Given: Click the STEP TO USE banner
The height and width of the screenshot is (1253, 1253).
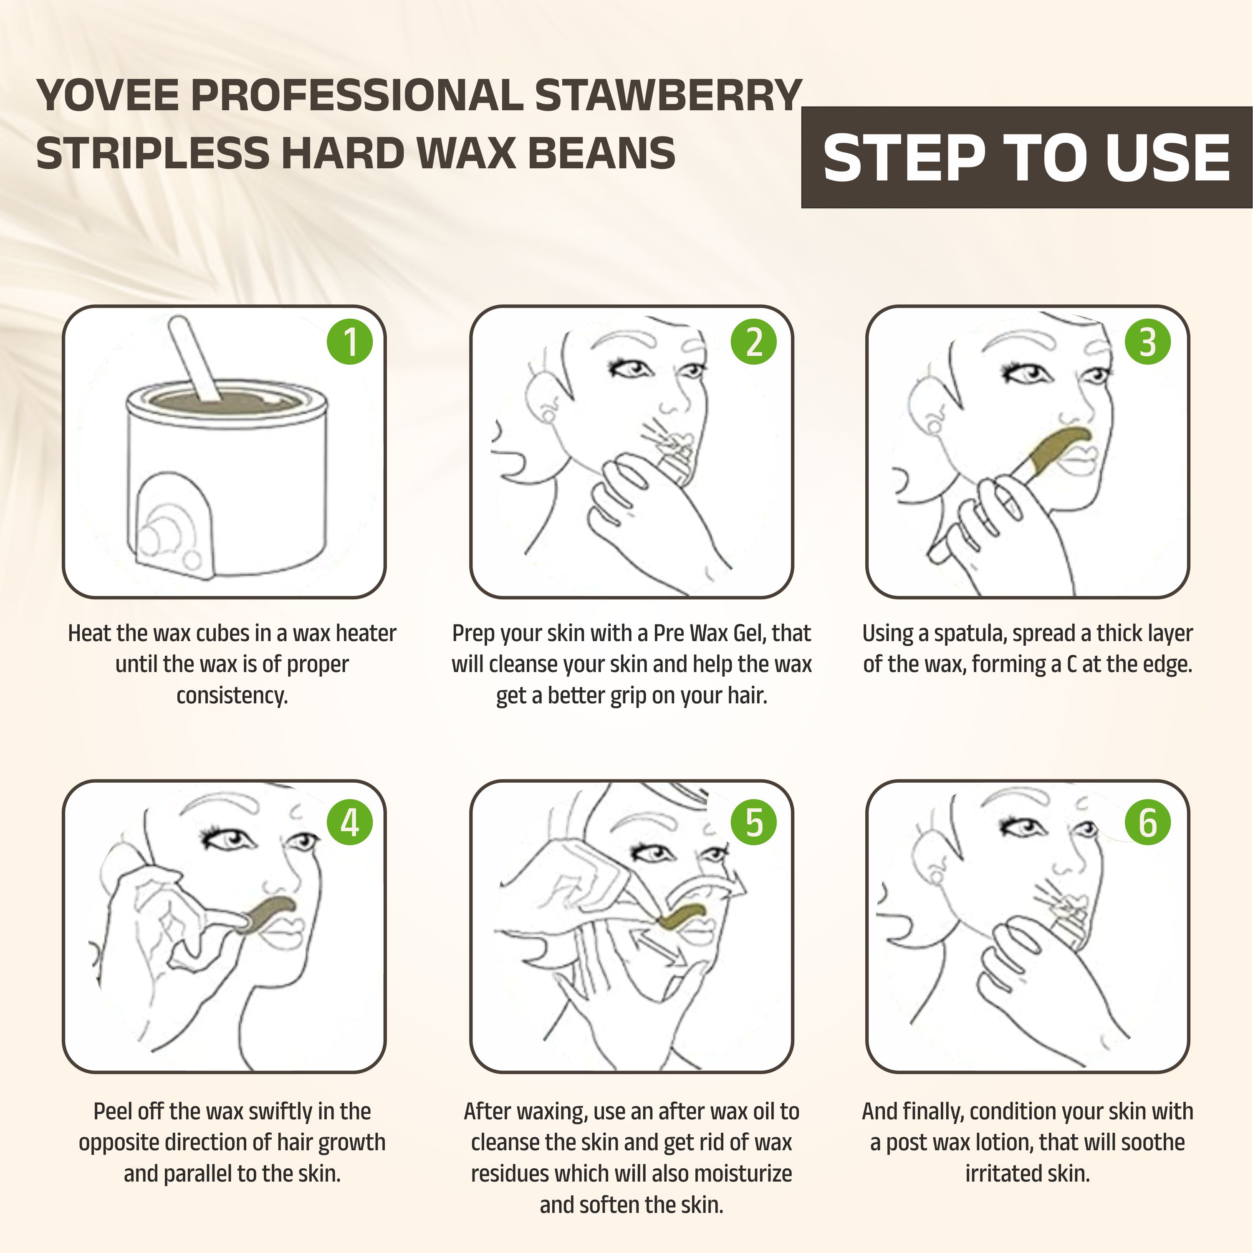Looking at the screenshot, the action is pos(1027,158).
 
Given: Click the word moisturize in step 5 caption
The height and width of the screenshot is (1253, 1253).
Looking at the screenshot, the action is pos(743,1174).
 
